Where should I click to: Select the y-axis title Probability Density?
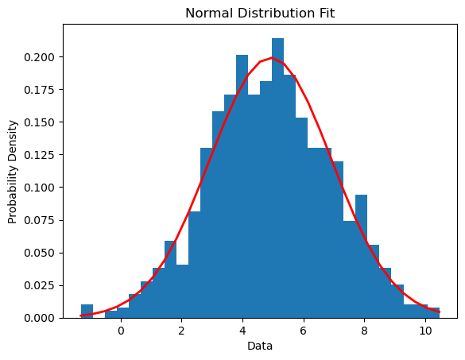click(13, 171)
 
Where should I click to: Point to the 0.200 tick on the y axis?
click(40, 57)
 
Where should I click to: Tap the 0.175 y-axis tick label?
click(40, 90)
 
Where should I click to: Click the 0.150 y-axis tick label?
click(40, 122)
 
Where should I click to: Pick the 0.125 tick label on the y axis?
click(40, 155)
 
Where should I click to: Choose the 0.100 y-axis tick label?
click(40, 188)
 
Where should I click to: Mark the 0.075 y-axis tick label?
click(40, 220)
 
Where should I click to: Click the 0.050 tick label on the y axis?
click(40, 253)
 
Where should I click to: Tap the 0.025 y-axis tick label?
click(40, 285)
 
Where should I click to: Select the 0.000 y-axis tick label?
click(40, 318)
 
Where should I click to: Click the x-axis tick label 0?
click(121, 331)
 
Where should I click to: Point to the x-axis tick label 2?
click(181, 331)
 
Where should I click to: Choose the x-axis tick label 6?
click(304, 331)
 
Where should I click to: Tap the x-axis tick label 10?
click(425, 331)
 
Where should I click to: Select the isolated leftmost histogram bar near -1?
click(87, 311)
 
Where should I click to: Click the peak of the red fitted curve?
click(272, 58)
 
